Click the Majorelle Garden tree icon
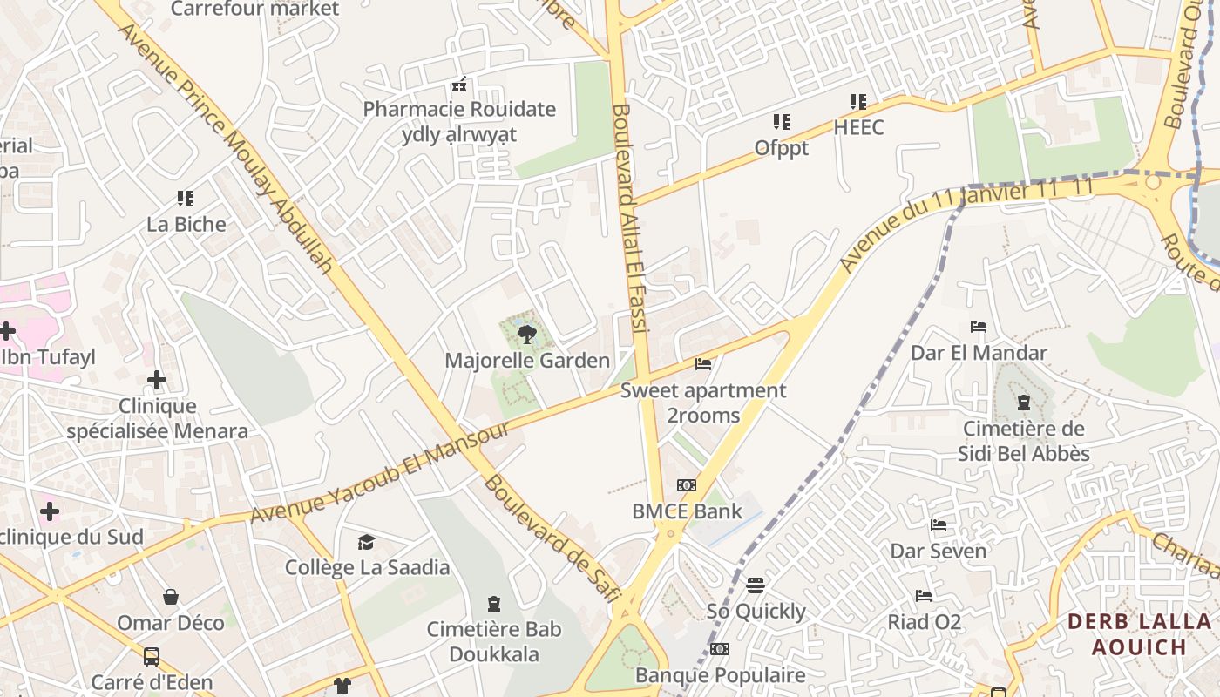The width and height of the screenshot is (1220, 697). tap(526, 334)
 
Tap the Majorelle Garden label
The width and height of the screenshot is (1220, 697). tap(527, 360)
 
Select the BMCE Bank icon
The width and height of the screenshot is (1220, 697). tap(687, 485)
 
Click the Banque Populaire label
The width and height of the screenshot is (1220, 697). tap(720, 675)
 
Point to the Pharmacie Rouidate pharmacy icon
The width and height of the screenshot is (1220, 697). tap(459, 85)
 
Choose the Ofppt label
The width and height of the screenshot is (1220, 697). tap(782, 148)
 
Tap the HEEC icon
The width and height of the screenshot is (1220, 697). tap(858, 102)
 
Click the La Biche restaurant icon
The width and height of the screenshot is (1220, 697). tap(186, 199)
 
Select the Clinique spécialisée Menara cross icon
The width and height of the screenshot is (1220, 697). tap(157, 380)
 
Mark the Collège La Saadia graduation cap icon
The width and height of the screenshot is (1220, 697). tap(367, 543)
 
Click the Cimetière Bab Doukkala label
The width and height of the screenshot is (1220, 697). tap(494, 641)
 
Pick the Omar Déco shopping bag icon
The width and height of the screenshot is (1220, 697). tap(171, 597)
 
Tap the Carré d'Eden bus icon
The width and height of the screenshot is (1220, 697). tap(152, 656)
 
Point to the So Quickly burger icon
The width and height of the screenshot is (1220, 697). tap(756, 585)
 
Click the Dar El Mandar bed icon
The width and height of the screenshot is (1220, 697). tap(979, 328)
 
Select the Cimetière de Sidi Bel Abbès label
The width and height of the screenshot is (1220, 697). tap(1024, 441)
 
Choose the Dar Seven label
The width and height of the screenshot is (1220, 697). tap(938, 551)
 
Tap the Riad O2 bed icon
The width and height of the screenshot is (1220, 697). tap(924, 596)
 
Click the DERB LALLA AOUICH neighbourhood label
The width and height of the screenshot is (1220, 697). tap(1139, 634)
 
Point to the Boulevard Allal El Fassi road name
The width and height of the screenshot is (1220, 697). tap(630, 218)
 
